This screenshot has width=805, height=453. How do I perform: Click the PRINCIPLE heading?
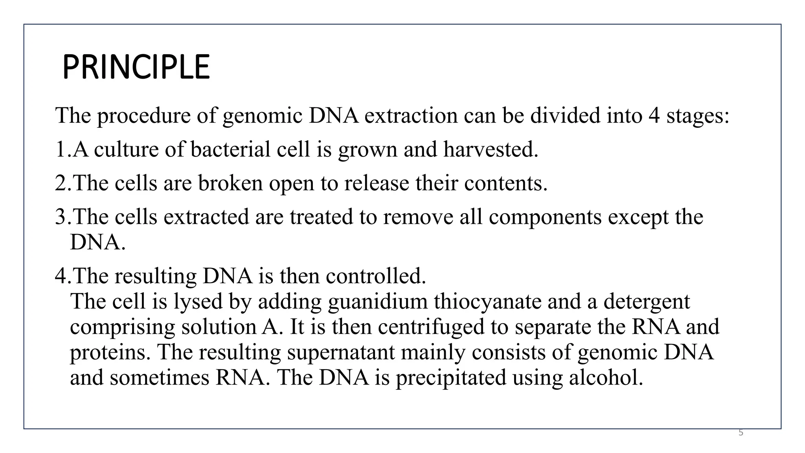(x=136, y=68)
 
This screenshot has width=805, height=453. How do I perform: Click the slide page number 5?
(x=741, y=433)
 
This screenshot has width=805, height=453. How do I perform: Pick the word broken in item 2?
(x=230, y=183)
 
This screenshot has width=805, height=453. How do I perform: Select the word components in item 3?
(x=545, y=217)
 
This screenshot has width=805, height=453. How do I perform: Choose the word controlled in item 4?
(x=376, y=276)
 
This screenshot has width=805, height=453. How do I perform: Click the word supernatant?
(x=341, y=352)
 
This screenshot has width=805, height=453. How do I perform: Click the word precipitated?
(x=450, y=377)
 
